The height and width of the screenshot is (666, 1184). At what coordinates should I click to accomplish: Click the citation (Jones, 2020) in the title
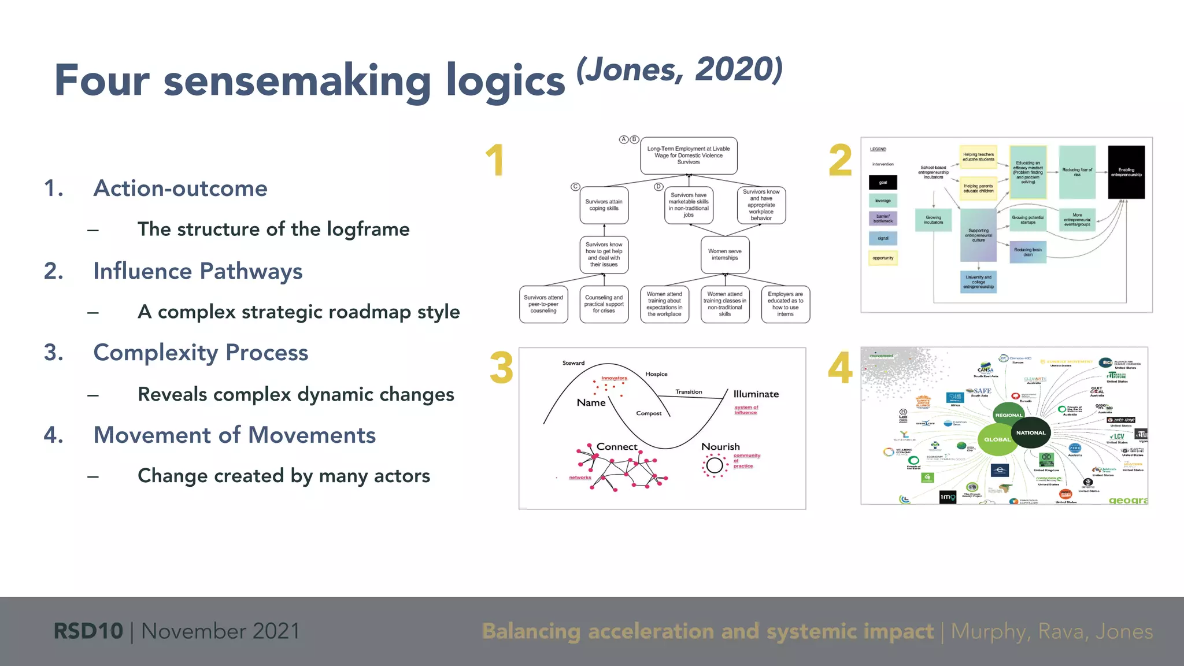[x=679, y=71]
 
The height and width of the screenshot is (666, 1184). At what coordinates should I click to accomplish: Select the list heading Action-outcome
[x=180, y=188]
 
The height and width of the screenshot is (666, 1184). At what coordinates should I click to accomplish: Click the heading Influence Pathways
[x=198, y=271]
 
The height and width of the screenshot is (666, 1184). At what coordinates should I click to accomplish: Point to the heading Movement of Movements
[x=234, y=435]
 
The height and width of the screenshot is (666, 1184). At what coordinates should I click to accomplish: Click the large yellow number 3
[x=501, y=368]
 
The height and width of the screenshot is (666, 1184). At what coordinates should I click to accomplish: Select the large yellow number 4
[x=839, y=368]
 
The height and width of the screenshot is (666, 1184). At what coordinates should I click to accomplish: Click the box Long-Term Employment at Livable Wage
[x=688, y=156]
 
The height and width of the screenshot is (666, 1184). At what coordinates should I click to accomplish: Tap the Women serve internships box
[x=724, y=255]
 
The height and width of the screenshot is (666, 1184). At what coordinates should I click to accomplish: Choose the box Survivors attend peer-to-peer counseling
[x=543, y=304]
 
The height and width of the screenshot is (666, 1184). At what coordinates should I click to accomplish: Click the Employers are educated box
[x=785, y=304]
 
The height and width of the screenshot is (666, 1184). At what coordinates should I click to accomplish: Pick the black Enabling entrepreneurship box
[x=1126, y=172]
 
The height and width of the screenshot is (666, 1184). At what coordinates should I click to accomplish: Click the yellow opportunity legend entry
[x=883, y=258]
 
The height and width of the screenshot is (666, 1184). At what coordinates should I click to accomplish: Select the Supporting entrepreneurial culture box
[x=978, y=235]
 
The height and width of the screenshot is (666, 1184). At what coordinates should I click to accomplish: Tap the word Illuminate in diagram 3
[x=756, y=394]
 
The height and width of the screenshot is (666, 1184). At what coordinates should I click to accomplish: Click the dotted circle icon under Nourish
[x=715, y=465]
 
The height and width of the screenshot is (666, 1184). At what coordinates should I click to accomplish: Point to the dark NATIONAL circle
[x=1031, y=432]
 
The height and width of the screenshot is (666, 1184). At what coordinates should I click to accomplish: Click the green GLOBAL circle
[x=997, y=439]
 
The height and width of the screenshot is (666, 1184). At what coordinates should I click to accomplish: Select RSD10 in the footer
[x=88, y=631]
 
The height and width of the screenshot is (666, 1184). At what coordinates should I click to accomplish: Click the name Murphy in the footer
[x=990, y=631]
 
